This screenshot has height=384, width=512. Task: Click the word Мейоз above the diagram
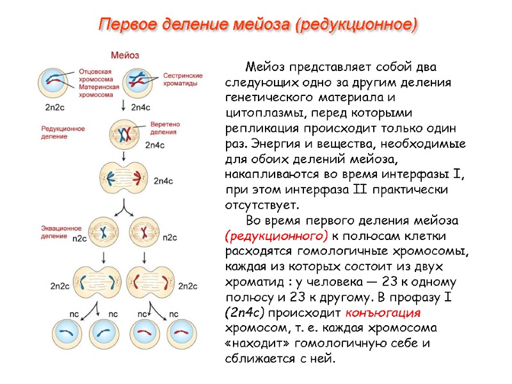[125, 55]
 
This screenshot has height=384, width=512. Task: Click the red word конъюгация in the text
[383, 313]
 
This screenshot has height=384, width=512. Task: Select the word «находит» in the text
[257, 344]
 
